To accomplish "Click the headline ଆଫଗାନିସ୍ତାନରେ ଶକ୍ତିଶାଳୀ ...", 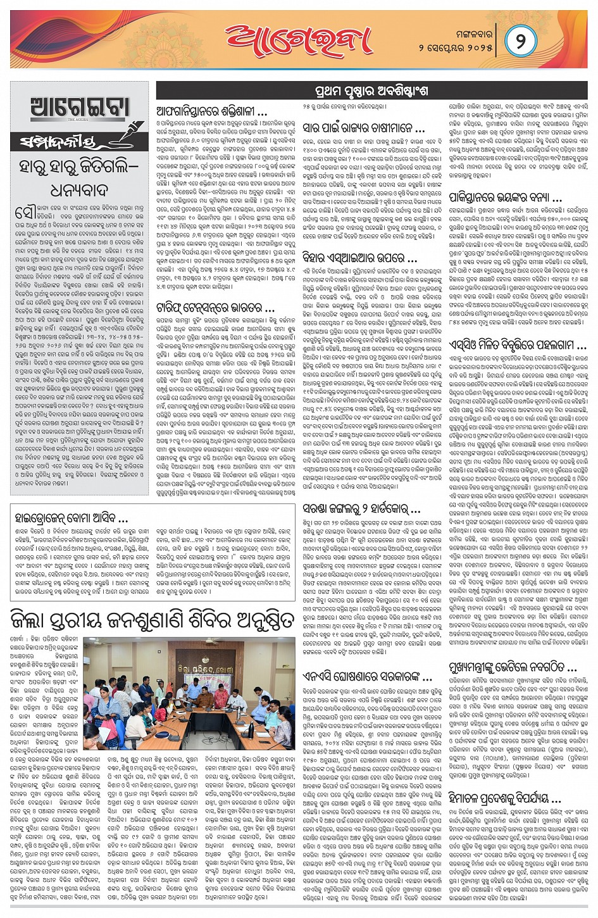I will (211, 111).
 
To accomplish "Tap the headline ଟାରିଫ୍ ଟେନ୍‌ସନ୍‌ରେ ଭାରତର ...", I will (215, 308).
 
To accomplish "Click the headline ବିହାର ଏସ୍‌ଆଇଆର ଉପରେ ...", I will (359, 258).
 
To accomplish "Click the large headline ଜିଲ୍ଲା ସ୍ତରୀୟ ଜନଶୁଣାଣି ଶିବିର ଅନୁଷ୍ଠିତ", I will (152, 620).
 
